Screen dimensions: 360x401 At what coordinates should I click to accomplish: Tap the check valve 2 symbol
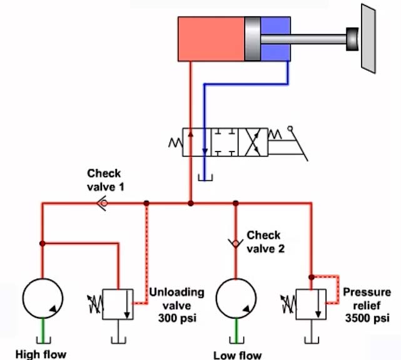point(236,242)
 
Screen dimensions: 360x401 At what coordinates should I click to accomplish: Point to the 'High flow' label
point(40,354)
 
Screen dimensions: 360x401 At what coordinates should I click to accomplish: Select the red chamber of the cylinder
point(211,39)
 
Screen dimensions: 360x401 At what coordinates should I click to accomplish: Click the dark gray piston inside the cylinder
point(252,39)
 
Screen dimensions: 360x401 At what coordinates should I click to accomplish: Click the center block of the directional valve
point(225,143)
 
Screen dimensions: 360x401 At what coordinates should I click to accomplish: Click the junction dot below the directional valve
point(190,203)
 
